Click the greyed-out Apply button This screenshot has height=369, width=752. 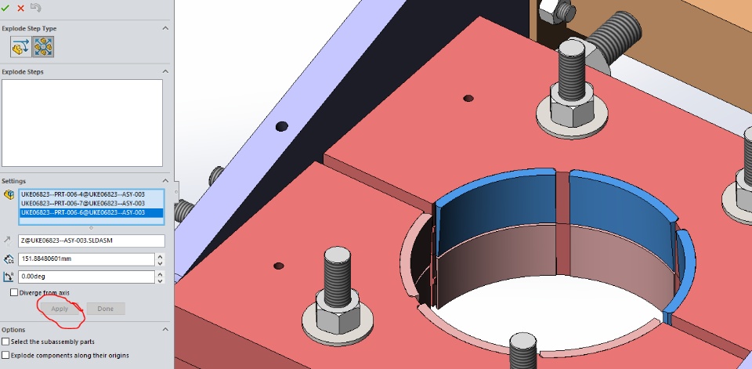click(x=60, y=309)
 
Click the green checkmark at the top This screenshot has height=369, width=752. click(x=5, y=8)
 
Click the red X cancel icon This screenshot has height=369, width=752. click(x=20, y=8)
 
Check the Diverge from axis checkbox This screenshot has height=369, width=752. click(x=14, y=292)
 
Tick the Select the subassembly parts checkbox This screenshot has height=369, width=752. click(x=5, y=342)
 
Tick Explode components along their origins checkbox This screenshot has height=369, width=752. click(x=5, y=356)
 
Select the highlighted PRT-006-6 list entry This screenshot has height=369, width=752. click(x=83, y=212)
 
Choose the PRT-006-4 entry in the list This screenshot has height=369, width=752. click(x=83, y=194)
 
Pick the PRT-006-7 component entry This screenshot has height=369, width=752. click(x=83, y=204)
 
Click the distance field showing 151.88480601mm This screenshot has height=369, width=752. click(x=86, y=259)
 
